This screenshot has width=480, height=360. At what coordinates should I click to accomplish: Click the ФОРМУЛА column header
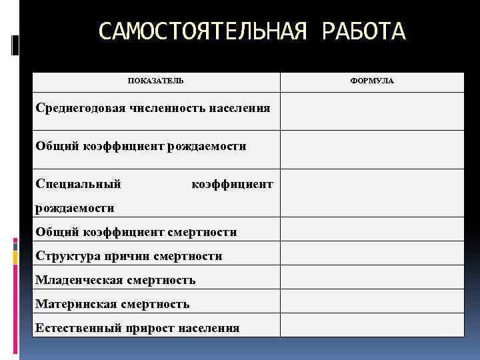click(x=371, y=81)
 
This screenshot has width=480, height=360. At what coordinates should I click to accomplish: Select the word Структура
click(x=65, y=256)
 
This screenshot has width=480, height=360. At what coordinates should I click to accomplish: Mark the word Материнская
click(x=76, y=304)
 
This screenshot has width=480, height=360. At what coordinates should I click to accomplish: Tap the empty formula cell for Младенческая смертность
click(x=371, y=277)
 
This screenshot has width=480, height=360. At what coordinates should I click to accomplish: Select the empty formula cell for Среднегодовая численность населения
click(x=371, y=111)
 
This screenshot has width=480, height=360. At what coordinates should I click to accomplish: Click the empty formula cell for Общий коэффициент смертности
click(x=371, y=229)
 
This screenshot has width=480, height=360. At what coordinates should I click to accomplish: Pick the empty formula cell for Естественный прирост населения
click(x=371, y=325)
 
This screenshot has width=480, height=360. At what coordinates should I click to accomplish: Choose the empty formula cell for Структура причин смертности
click(x=371, y=253)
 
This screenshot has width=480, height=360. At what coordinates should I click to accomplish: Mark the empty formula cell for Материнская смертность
click(x=371, y=301)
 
